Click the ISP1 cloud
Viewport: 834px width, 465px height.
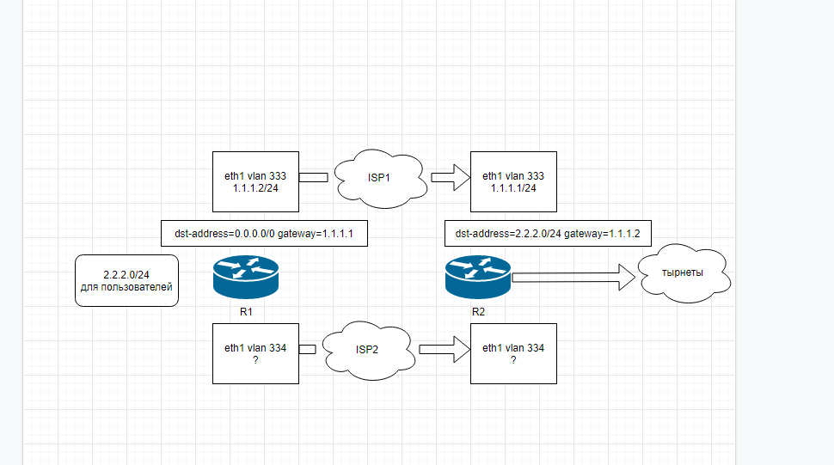coord(381,179)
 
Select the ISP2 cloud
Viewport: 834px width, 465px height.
coord(369,350)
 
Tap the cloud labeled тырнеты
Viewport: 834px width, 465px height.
coord(684,273)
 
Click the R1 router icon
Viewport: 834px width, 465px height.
coord(246,277)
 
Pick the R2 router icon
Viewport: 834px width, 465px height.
coord(478,277)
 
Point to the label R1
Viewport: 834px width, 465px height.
coord(246,312)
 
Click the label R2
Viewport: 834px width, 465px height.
coord(478,312)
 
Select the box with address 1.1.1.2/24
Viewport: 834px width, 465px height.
coord(256,181)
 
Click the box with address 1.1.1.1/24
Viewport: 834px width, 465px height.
coord(514,181)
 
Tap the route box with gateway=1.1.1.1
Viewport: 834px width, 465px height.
coord(264,233)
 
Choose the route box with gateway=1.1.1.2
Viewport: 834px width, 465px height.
coord(548,233)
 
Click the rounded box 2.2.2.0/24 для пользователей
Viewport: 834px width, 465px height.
coord(126,280)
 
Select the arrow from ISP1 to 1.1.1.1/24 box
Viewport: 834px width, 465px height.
coord(451,178)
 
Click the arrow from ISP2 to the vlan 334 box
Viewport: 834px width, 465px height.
coord(445,349)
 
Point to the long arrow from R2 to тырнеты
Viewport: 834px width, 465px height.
coord(573,277)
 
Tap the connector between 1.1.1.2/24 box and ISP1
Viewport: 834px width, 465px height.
coord(313,178)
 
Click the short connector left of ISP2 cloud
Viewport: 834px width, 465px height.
coord(308,349)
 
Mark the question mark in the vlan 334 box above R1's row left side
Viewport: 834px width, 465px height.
coord(256,360)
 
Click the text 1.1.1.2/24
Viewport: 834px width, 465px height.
coord(255,188)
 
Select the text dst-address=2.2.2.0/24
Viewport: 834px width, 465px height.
coord(508,234)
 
